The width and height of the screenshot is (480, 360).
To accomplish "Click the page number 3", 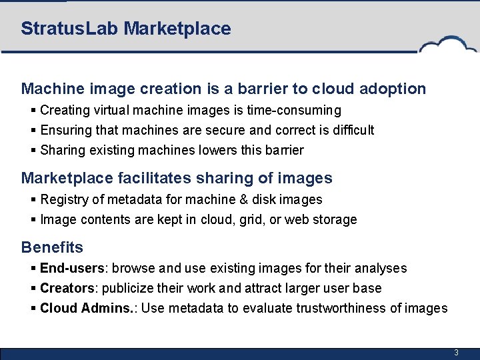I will [456, 353].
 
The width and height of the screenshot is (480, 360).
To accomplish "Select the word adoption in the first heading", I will [393, 89].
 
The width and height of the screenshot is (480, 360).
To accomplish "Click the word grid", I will [243, 219].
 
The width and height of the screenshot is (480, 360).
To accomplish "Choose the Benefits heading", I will [52, 247].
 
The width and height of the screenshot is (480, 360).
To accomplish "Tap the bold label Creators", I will [67, 288].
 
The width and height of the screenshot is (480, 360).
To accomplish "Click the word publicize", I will [131, 288].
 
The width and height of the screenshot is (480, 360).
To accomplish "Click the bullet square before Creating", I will [33, 110].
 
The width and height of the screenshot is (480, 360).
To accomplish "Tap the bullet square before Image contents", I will [33, 219].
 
